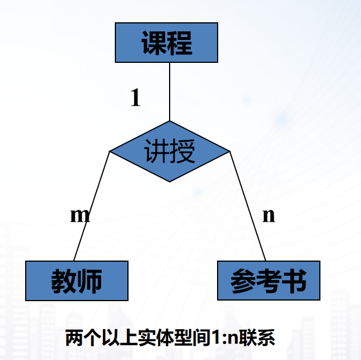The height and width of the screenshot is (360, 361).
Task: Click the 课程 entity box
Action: coord(166,42)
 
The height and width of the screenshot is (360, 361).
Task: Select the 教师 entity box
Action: coord(77,281)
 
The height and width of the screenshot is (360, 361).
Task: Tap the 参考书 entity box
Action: coord(268,281)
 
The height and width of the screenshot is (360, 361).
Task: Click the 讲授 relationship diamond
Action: coord(170,151)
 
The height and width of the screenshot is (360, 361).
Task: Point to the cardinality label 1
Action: coord(135,98)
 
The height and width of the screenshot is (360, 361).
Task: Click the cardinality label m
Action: coord(80,215)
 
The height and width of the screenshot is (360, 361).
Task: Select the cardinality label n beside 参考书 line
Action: coord(268,215)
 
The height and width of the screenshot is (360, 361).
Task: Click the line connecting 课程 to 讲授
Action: coord(170,91)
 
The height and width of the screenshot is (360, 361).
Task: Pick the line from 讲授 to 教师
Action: coord(91,206)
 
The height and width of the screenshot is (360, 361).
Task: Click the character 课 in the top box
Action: coord(154,43)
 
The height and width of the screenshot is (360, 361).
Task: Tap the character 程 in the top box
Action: coord(180,43)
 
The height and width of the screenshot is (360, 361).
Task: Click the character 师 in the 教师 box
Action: coord(90,281)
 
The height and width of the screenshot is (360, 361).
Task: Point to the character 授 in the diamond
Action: coord(183,152)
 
